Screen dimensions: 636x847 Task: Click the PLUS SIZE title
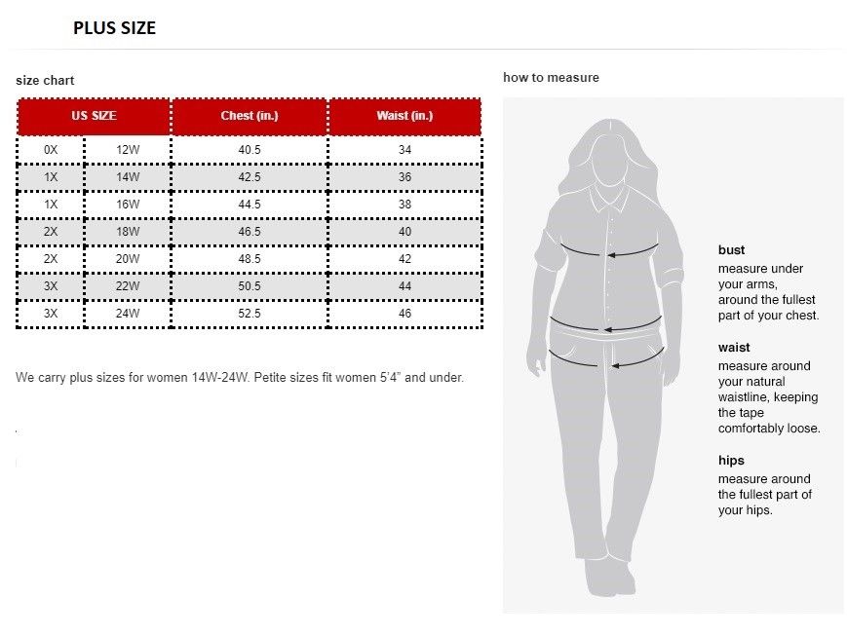coord(114,28)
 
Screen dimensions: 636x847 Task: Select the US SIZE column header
coord(94,116)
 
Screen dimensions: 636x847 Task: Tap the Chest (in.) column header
coord(250,116)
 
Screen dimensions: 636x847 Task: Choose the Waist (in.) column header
coord(404,116)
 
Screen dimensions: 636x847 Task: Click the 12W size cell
coord(128,150)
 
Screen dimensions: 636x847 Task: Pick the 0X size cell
coord(51,150)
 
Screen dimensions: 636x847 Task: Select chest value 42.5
coord(250,177)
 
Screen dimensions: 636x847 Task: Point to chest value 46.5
coord(250,232)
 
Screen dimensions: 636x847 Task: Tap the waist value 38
coord(404,205)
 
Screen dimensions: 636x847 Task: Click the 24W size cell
coord(128,314)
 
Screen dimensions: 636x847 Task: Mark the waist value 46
coord(404,314)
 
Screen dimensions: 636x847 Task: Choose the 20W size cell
coord(128,259)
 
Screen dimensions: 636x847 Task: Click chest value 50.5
coord(250,286)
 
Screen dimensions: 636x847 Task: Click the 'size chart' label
coord(45,80)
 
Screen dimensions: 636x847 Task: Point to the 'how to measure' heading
coord(551,77)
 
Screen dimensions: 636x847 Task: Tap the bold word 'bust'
coord(731,250)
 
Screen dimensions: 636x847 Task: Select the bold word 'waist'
coord(734,348)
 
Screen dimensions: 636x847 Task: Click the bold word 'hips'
coord(731,461)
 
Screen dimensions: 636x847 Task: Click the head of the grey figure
coord(609,156)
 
